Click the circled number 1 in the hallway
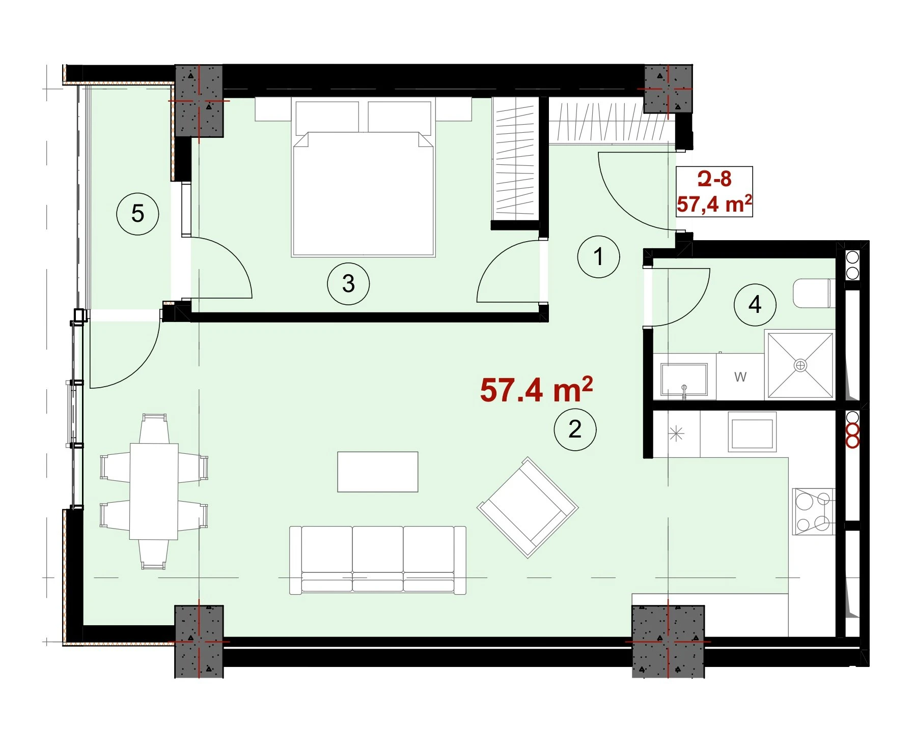598,256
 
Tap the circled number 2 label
575,429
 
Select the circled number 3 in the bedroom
348,283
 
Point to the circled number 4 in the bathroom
755,305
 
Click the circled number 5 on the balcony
137,214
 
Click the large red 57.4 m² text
537,390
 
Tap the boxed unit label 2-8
714,179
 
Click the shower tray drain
801,365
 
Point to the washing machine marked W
740,377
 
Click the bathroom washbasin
684,379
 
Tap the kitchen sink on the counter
752,432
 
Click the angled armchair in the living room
528,507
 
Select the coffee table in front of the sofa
378,472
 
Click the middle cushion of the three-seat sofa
377,559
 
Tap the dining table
154,491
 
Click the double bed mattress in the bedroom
363,194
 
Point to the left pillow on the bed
327,117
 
